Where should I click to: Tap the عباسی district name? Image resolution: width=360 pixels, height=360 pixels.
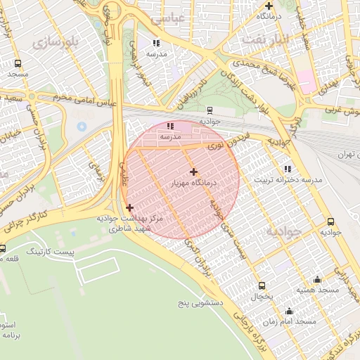[186, 18]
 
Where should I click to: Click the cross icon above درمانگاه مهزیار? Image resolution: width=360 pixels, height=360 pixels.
[193, 172]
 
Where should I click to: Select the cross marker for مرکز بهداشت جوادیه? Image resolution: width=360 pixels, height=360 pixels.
[129, 207]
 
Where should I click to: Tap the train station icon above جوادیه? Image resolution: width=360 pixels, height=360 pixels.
[210, 110]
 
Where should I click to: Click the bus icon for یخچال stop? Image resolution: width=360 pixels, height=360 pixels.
[262, 285]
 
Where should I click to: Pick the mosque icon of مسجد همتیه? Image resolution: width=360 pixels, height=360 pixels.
[317, 279]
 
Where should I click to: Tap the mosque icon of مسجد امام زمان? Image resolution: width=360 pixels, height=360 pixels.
[289, 311]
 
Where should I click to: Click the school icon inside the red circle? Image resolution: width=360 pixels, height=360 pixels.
[170, 126]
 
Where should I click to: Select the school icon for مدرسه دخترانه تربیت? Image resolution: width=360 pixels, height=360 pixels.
[288, 169]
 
